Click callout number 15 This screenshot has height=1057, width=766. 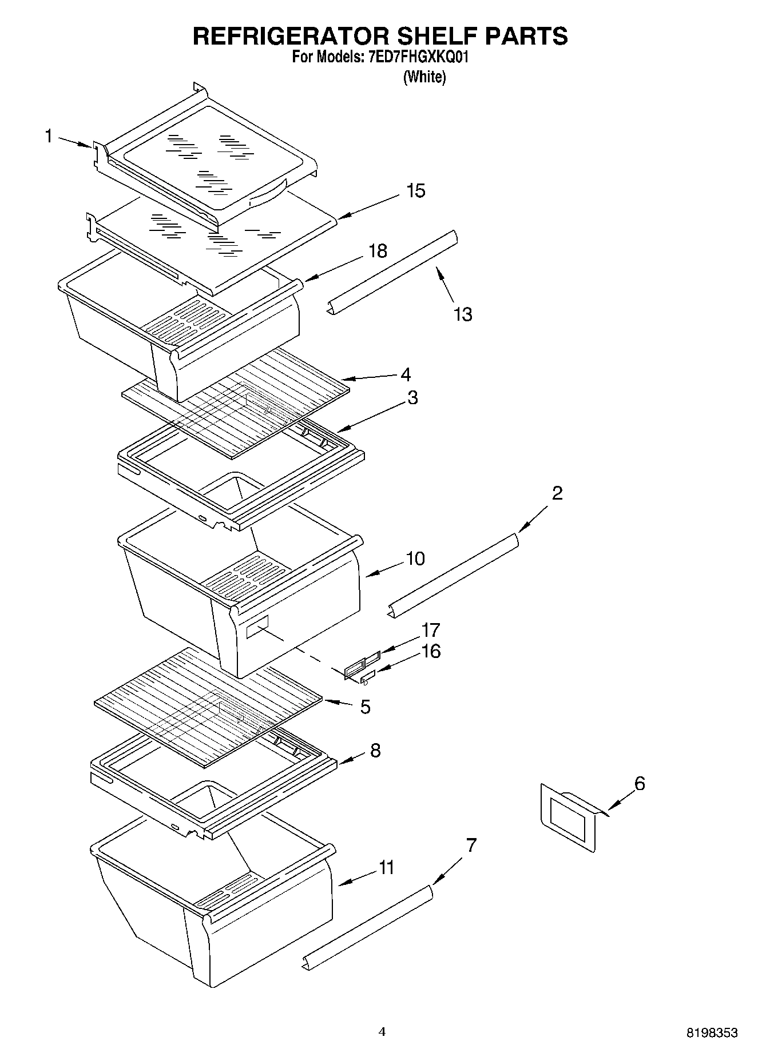416,191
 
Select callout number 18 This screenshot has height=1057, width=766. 378,251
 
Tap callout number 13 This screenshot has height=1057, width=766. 463,314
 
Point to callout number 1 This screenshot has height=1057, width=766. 49,136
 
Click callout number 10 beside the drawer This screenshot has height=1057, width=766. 415,559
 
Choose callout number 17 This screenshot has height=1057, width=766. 430,630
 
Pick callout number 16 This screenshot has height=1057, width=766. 431,651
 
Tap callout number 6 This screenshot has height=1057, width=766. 640,783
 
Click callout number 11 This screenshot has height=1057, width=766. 387,868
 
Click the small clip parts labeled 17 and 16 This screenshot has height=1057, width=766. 362,667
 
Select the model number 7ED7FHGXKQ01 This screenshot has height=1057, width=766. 416,57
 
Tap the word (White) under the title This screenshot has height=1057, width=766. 424,77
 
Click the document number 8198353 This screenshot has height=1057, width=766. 712,1033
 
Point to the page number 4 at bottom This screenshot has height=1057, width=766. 382,1032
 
